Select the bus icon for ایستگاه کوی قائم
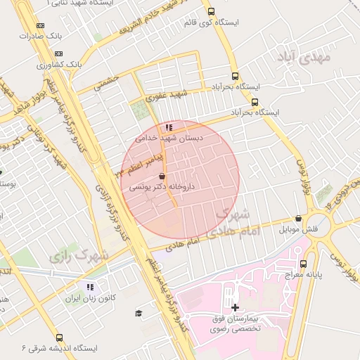coord(211,12)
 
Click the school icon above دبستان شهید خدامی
coord(168,127)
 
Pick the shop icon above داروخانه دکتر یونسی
coord(162,176)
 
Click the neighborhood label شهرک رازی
coord(79,255)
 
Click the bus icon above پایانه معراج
coord(303,264)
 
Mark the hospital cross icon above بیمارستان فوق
coord(235,307)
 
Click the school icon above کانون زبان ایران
coord(90,287)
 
